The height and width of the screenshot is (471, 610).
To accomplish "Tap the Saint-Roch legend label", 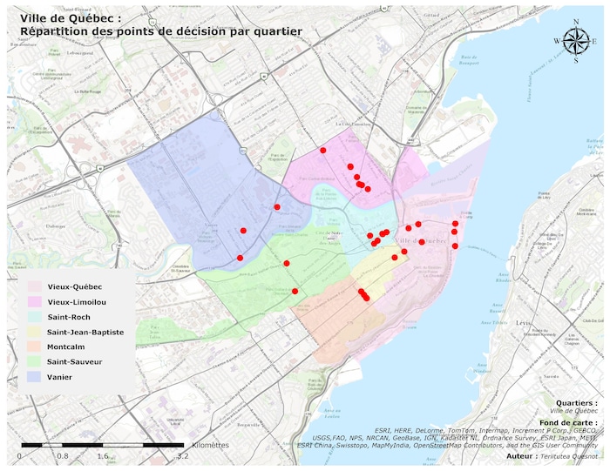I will [x=69, y=317].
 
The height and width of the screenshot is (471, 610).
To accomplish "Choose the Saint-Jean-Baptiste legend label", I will [x=85, y=332].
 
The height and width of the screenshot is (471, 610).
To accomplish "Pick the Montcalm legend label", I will [x=67, y=347].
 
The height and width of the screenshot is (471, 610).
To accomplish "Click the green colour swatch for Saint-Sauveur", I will [x=34, y=361].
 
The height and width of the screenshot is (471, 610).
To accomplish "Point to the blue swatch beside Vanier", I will [x=34, y=376].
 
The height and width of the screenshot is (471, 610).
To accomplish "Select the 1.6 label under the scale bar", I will [x=103, y=455].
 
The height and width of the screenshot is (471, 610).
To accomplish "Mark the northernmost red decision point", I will [x=323, y=151].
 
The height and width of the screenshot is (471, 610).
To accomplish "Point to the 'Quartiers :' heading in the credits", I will [x=577, y=403].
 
